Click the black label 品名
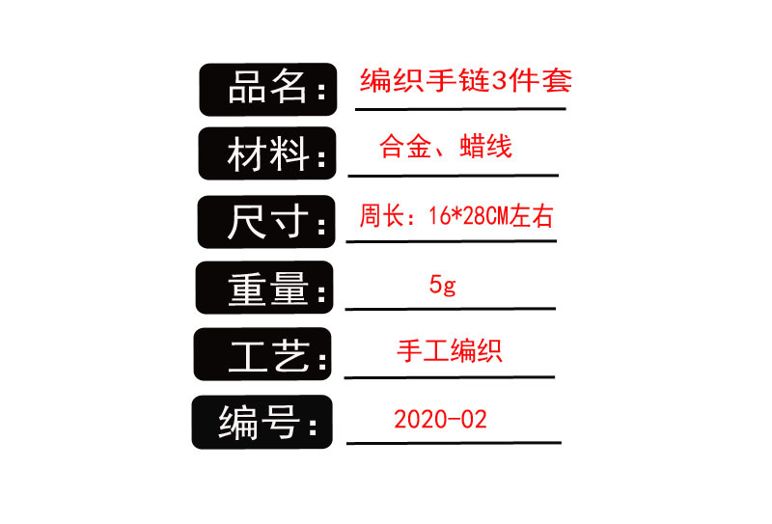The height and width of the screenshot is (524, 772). (267, 90)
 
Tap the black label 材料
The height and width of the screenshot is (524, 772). (266, 153)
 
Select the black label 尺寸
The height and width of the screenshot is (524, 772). (265, 222)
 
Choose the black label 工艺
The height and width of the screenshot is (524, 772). (262, 355)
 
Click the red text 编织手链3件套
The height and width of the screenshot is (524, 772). (466, 81)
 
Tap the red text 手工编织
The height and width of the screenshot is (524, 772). (450, 350)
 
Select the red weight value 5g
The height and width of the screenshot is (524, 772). (443, 286)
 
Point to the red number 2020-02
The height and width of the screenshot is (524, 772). (440, 420)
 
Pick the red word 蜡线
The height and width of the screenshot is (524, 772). (487, 147)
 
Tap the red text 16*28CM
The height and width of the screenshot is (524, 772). (466, 217)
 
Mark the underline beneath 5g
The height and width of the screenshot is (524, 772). (450, 309)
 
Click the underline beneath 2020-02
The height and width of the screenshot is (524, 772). (453, 443)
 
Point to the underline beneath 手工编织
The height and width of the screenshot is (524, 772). (449, 376)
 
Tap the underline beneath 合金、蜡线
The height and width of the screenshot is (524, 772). (453, 176)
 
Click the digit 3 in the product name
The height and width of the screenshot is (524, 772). (499, 81)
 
